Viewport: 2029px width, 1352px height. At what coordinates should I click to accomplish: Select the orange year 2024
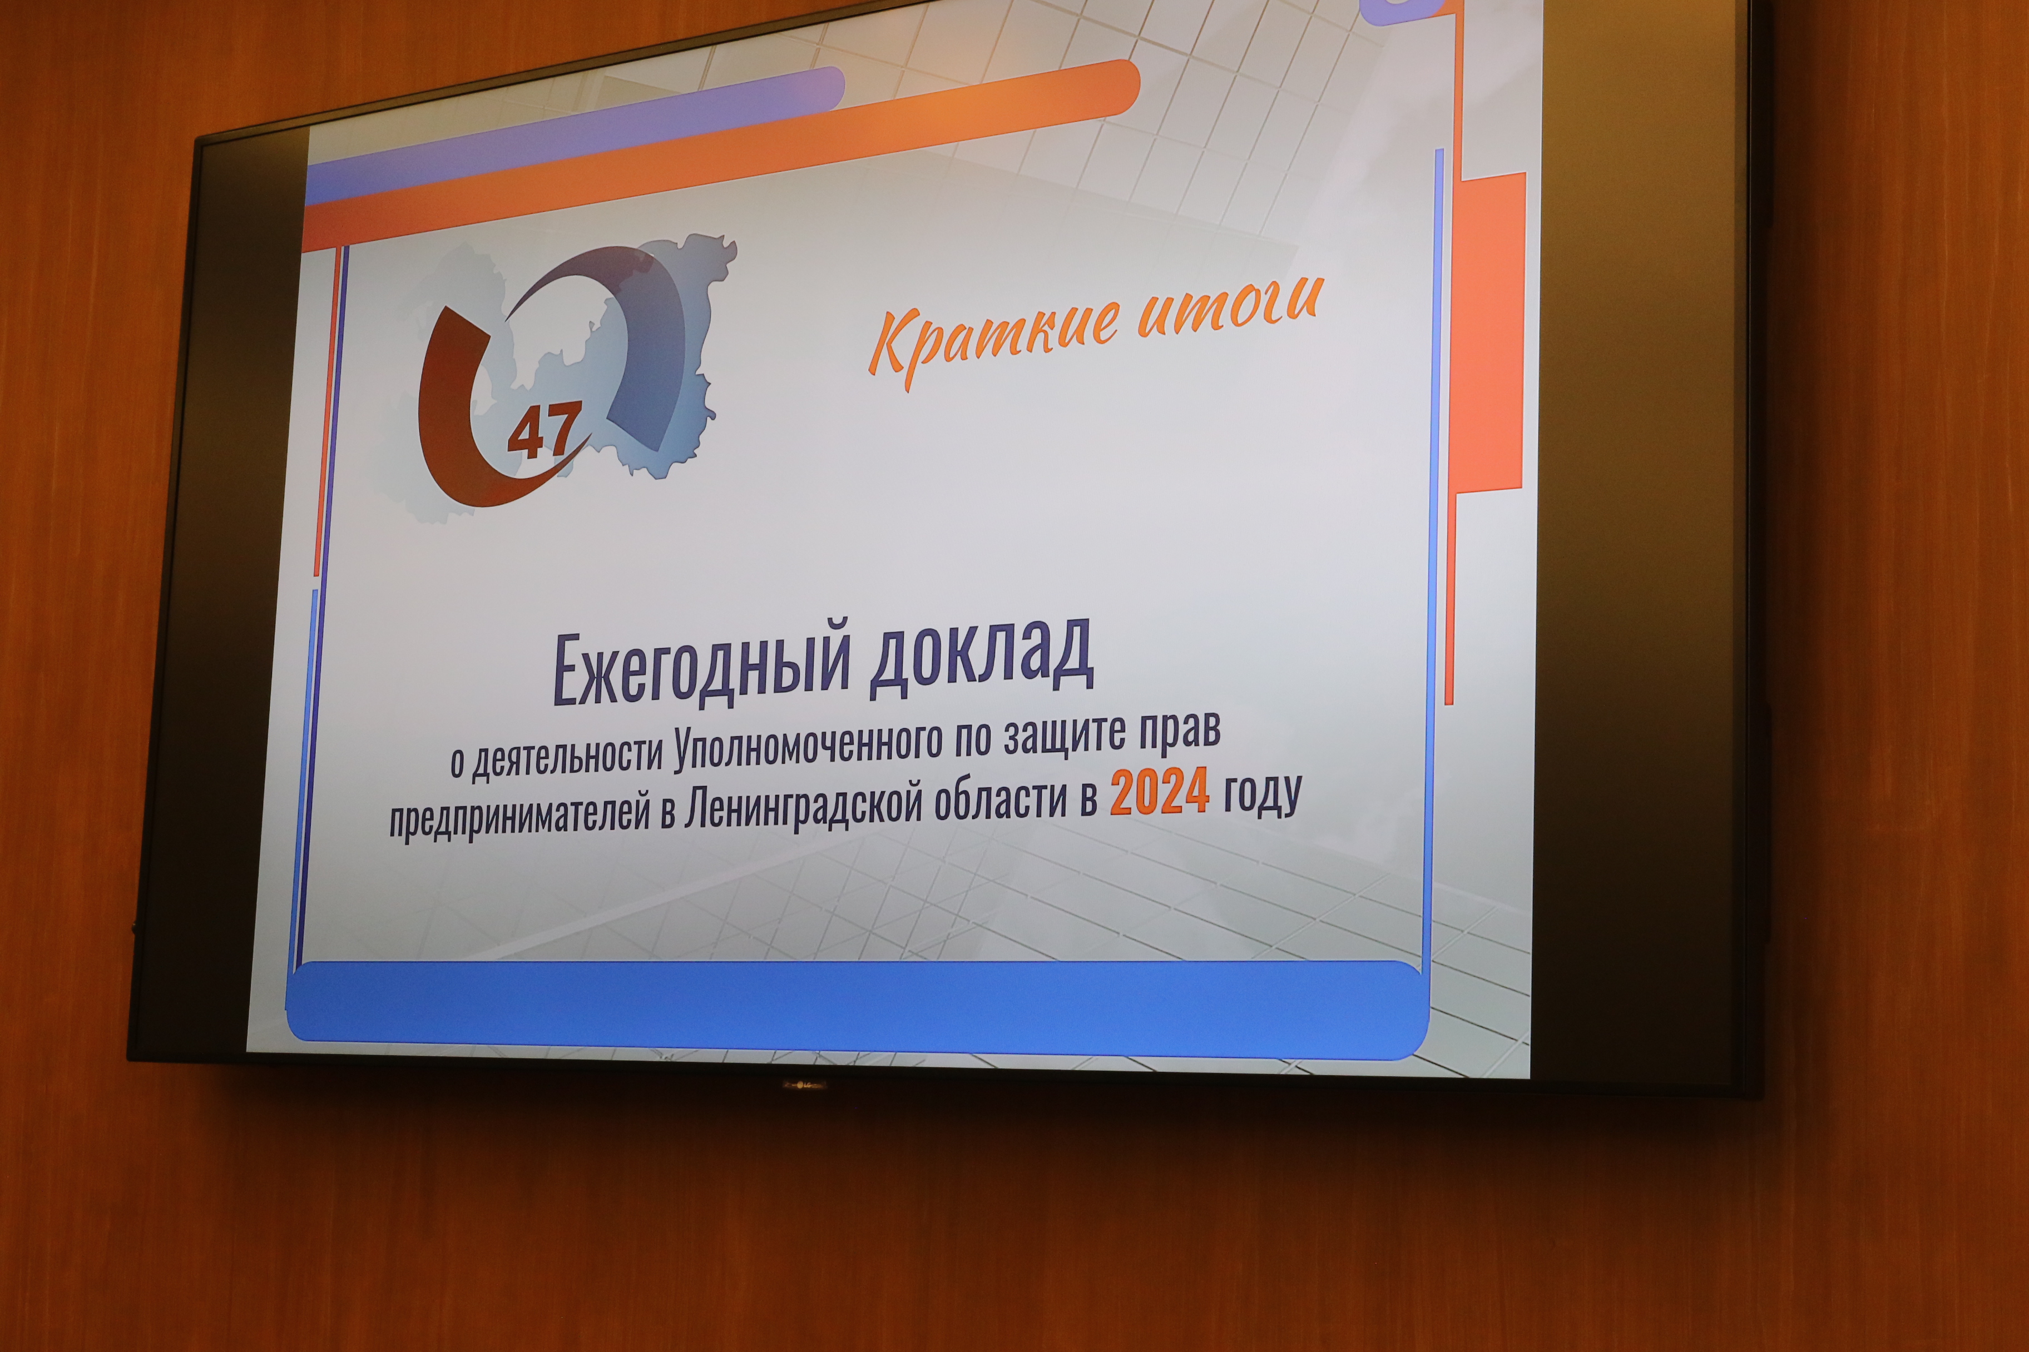pos(1160,794)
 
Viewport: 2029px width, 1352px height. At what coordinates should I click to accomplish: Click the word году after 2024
pos(1262,794)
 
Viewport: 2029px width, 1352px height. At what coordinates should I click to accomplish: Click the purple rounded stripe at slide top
pos(576,136)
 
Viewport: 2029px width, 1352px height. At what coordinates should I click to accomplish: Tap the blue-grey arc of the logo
pos(639,327)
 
